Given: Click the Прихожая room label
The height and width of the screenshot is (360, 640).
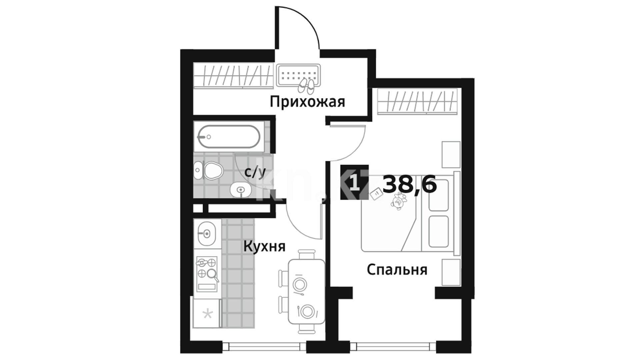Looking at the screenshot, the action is (x=307, y=102).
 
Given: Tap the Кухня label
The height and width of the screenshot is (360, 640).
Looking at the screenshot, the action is (x=264, y=247).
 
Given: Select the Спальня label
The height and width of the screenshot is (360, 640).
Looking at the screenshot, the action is (x=397, y=270).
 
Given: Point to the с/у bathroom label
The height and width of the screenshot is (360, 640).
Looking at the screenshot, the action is (x=255, y=173).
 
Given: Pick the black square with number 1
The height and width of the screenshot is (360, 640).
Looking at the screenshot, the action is (x=355, y=182).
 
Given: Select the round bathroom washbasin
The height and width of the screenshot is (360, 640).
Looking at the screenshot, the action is (x=241, y=190).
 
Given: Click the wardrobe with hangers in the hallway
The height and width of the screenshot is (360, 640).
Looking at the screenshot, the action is (x=234, y=76).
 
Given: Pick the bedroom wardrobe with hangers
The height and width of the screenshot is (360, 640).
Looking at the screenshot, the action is (x=417, y=101).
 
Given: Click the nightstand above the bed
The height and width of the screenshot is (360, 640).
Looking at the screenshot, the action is (x=451, y=154).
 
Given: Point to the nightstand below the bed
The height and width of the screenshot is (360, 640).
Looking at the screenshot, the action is (x=451, y=272).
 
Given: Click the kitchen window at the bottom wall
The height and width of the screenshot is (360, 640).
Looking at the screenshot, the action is (x=264, y=346).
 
